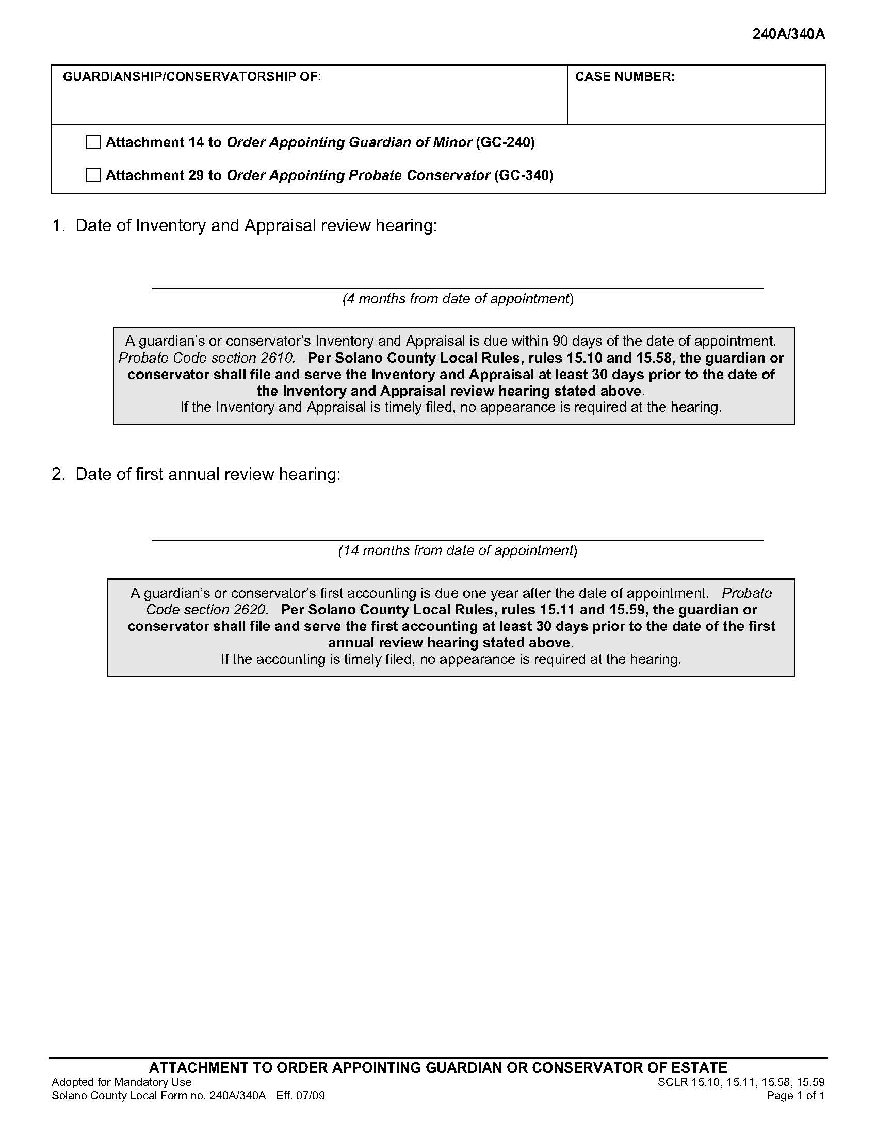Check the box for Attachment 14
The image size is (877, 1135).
[x=93, y=142]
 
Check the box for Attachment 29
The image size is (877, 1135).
[x=93, y=175]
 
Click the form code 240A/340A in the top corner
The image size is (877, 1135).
[x=788, y=34]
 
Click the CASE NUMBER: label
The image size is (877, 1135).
[x=625, y=77]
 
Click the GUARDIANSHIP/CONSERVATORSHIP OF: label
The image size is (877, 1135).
[x=192, y=77]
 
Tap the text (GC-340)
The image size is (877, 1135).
[x=524, y=175]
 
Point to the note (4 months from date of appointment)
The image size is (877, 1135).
[x=458, y=299]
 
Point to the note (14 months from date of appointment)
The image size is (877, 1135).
[x=458, y=550]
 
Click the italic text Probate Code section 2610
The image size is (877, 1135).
[x=207, y=358]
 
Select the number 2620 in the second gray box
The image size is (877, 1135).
[x=251, y=610]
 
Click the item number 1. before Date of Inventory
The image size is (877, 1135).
[x=58, y=225]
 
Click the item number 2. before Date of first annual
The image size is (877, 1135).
[x=58, y=474]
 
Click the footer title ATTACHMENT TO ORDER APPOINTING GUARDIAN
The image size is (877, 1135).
[x=438, y=1067]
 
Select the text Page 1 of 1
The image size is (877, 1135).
[x=795, y=1096]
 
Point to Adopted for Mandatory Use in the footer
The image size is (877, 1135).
[x=121, y=1082]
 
